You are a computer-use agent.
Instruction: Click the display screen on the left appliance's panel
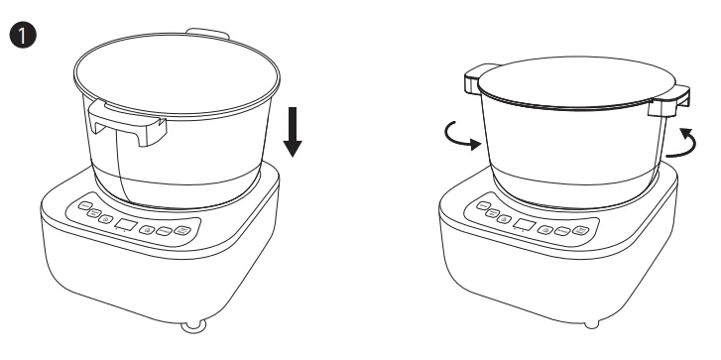[x=126, y=225]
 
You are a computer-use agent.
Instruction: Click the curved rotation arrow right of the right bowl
[x=680, y=143]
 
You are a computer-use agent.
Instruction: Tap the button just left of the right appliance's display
[x=502, y=219]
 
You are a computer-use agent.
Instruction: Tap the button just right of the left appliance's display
[x=148, y=229]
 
